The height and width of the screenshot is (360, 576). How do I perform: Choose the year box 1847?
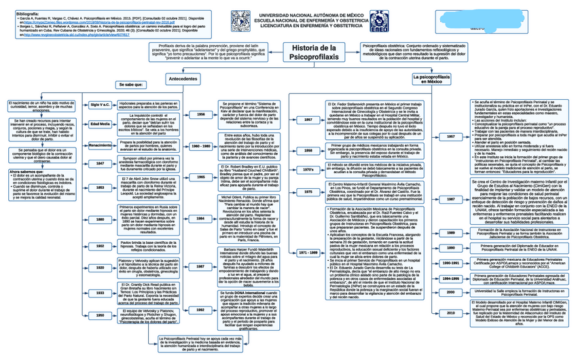(100, 164)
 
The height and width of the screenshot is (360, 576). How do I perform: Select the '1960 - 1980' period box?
(201, 146)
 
